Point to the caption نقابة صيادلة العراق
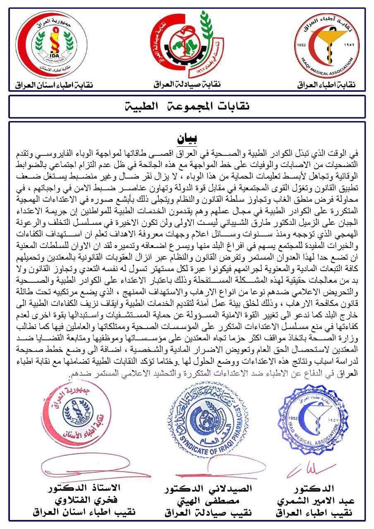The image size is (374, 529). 187,84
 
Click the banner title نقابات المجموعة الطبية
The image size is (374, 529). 187,107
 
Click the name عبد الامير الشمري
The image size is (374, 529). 316,500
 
